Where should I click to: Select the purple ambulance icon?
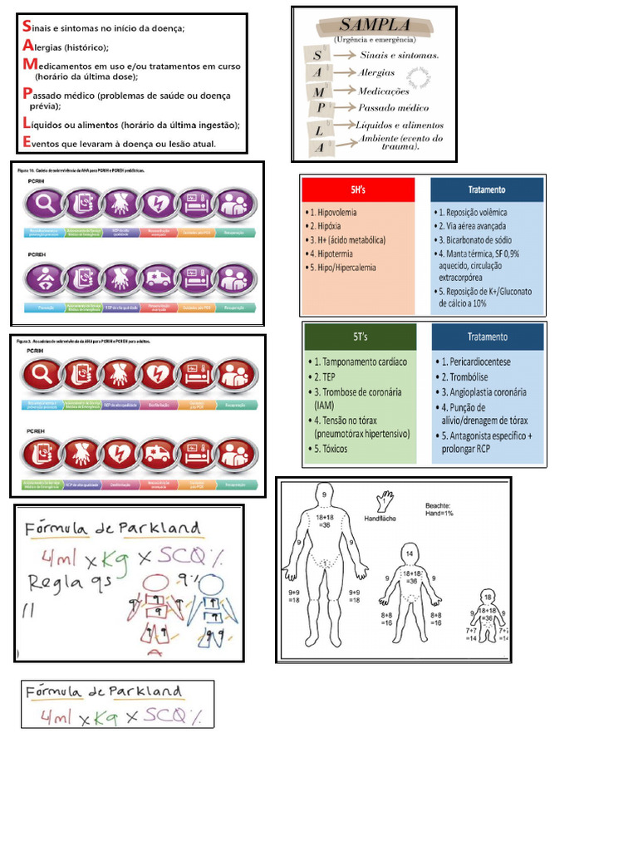pos(158,280)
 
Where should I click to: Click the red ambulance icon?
pos(158,454)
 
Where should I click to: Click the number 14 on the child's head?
pos(410,552)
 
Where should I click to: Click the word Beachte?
pos(439,504)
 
